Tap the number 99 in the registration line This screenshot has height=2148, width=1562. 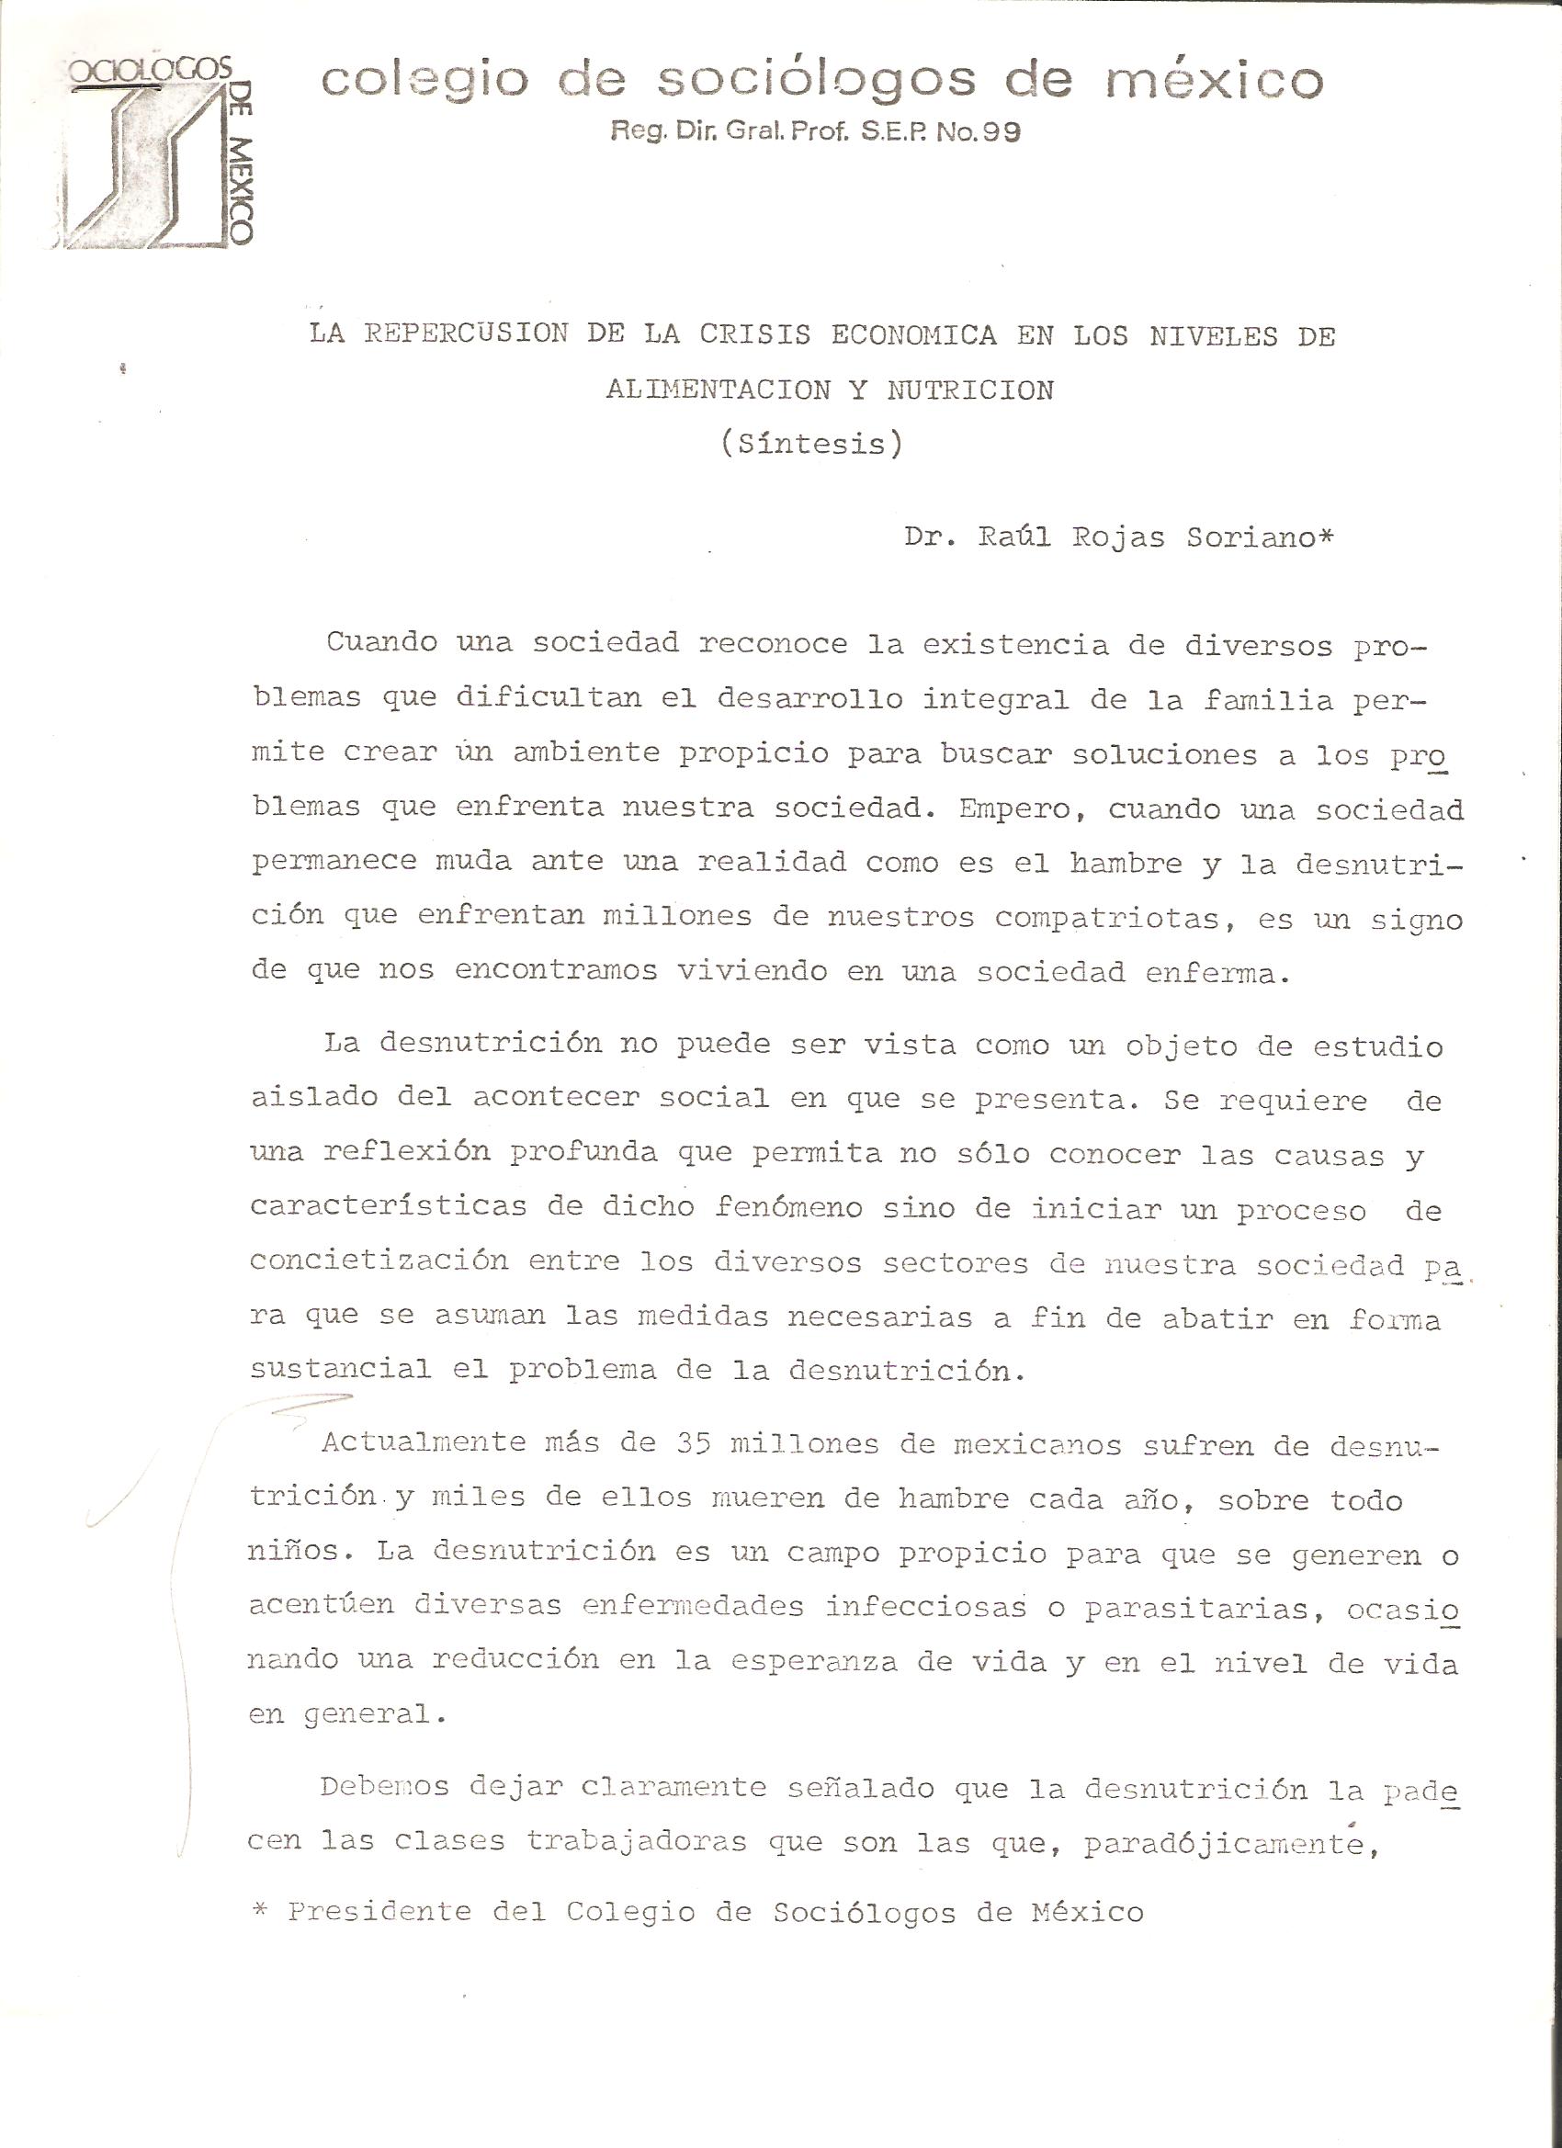click(x=1001, y=132)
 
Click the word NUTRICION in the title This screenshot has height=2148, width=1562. click(x=970, y=390)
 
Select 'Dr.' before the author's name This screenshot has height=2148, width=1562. click(x=928, y=537)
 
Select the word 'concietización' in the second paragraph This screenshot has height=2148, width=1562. click(x=379, y=1261)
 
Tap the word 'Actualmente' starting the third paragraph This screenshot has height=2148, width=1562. click(x=424, y=1442)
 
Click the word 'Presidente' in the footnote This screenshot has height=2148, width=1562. click(x=379, y=1905)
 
